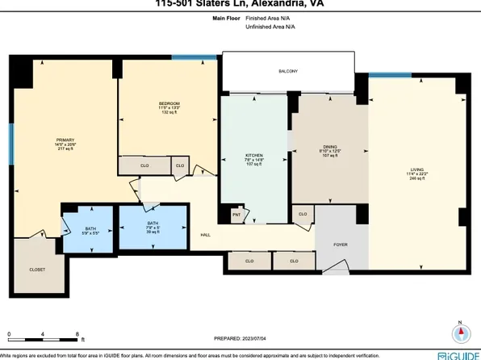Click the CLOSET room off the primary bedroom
click(x=37, y=270)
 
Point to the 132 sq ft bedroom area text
click(x=168, y=112)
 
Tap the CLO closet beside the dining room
click(x=302, y=214)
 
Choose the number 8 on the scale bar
click(x=76, y=333)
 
